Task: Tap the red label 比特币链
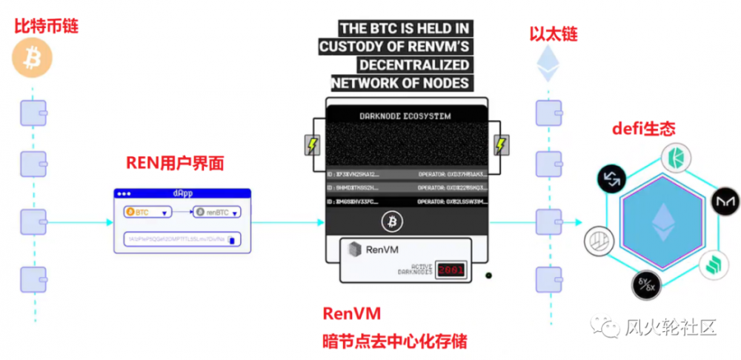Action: (x=46, y=27)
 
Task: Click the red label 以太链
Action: (x=553, y=33)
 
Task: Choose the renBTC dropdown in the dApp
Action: (x=217, y=213)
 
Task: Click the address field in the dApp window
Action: (x=182, y=239)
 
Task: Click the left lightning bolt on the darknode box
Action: (x=313, y=144)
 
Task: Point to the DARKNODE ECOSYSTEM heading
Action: (x=405, y=116)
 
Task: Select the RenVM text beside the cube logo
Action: (x=382, y=250)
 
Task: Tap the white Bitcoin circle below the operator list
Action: (x=392, y=221)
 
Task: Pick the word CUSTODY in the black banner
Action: (x=349, y=46)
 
